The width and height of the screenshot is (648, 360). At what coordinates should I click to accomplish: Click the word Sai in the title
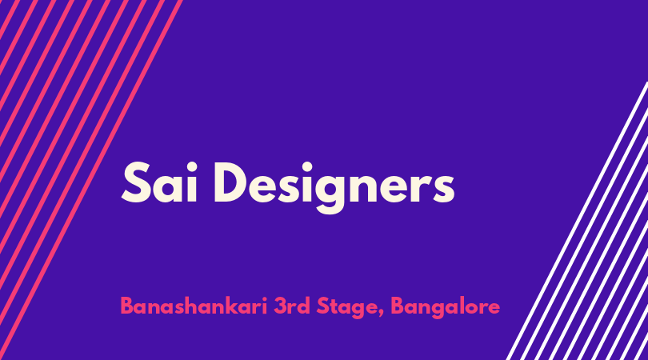click(x=159, y=182)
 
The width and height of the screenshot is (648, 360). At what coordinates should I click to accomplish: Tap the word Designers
click(x=334, y=188)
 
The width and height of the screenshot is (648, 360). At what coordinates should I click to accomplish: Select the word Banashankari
click(x=194, y=306)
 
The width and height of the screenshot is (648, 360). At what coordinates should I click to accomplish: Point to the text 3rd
click(x=292, y=306)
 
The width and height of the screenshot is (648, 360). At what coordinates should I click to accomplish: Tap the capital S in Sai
click(x=136, y=182)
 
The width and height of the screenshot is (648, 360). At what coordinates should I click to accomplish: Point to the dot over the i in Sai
click(x=191, y=167)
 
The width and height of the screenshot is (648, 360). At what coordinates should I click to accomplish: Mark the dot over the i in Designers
click(x=306, y=167)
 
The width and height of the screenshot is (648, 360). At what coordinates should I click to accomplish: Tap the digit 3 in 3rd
click(x=281, y=306)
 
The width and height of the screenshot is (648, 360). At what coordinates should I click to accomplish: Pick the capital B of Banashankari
click(x=127, y=306)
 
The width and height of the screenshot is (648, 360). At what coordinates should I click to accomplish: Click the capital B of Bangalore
click(x=398, y=306)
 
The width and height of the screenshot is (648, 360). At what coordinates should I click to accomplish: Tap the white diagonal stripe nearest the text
click(x=578, y=221)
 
